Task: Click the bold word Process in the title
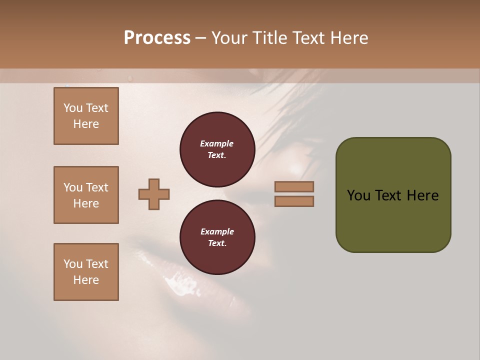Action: point(157,38)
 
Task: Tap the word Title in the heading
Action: point(270,38)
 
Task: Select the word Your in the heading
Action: point(230,38)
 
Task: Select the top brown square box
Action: point(86,116)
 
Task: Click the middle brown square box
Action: point(86,195)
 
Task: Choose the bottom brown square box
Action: point(86,272)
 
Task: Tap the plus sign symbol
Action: point(154,194)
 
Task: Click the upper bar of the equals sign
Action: point(294,186)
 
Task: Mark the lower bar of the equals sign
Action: point(294,201)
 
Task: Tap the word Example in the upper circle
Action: point(217,143)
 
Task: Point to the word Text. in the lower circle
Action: point(217,243)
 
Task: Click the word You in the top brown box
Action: point(72,108)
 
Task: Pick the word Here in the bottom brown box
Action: point(86,280)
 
